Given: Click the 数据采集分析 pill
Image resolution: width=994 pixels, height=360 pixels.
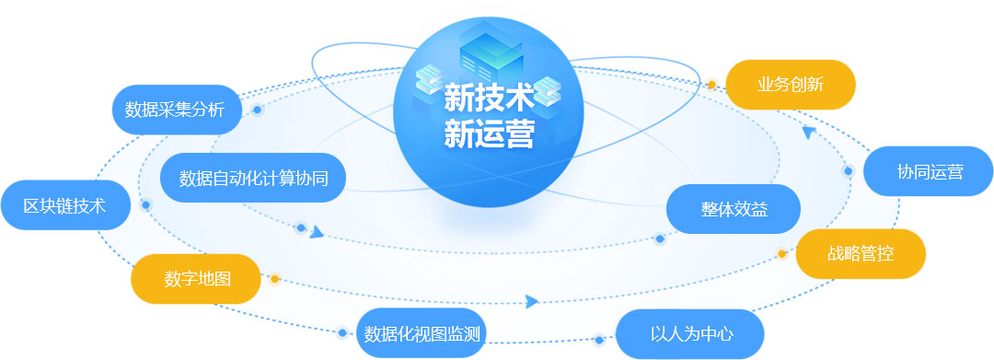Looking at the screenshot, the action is [x=175, y=110].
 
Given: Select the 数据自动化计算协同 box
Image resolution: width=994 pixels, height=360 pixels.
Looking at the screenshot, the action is [x=253, y=178].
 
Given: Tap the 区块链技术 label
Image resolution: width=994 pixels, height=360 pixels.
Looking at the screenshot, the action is [x=64, y=205].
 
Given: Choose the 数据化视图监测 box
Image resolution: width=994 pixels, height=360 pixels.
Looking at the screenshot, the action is [x=421, y=333].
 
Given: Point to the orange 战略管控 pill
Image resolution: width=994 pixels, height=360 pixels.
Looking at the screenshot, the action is [x=861, y=254].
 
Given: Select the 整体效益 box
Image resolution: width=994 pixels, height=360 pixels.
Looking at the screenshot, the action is [x=734, y=209].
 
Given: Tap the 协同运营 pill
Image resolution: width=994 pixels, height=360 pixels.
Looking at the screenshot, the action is [x=929, y=172].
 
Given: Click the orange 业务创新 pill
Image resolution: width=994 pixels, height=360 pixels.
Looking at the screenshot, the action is [x=791, y=85].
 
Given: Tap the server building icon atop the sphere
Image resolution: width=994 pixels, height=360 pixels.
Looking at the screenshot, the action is [x=491, y=51].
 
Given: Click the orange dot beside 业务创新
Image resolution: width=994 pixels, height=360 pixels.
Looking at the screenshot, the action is [x=711, y=85].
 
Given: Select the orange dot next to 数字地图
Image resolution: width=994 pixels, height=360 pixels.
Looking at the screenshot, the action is [x=274, y=279].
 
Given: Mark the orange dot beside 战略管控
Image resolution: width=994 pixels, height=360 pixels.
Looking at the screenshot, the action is [x=781, y=254].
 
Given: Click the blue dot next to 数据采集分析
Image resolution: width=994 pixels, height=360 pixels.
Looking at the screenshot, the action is [x=257, y=110].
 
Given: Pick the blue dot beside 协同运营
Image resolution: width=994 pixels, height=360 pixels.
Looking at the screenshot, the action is [x=849, y=171].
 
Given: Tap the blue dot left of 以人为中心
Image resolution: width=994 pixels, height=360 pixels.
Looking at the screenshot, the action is [x=598, y=341].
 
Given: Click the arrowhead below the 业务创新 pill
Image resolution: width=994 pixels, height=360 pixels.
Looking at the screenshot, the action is [x=809, y=132].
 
